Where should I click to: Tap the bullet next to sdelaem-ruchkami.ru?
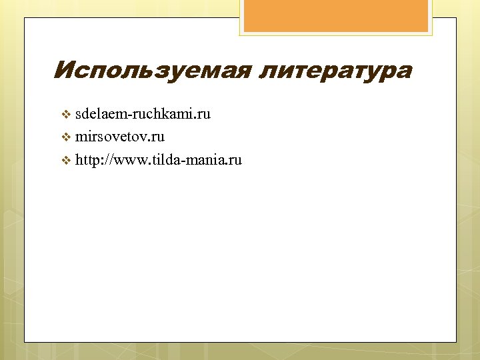coord(65,115)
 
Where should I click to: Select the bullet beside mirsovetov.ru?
coord(65,138)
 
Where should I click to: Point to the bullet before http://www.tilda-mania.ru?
coord(65,161)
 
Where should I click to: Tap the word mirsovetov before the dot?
coord(110,137)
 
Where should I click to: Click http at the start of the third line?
coord(87,160)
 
